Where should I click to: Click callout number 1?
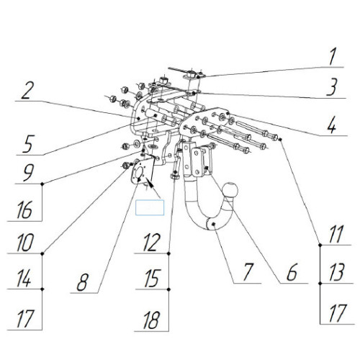click(333, 57)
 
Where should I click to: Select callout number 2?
click(26, 90)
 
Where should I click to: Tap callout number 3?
click(332, 87)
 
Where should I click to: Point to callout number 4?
click(332, 125)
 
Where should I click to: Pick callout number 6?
click(292, 272)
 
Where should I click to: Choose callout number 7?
click(248, 272)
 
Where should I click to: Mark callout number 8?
click(83, 282)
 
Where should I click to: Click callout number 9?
click(29, 173)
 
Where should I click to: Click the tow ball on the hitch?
click(230, 190)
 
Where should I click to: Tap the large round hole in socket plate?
click(140, 172)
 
